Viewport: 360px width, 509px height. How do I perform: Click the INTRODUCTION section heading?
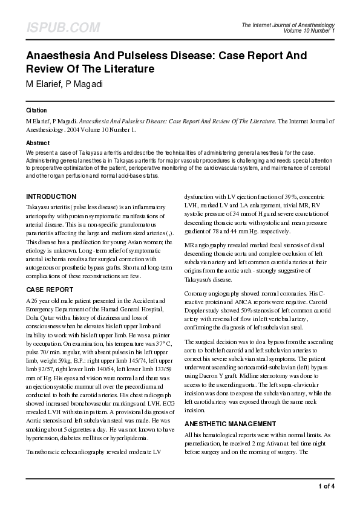click(x=51, y=196)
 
